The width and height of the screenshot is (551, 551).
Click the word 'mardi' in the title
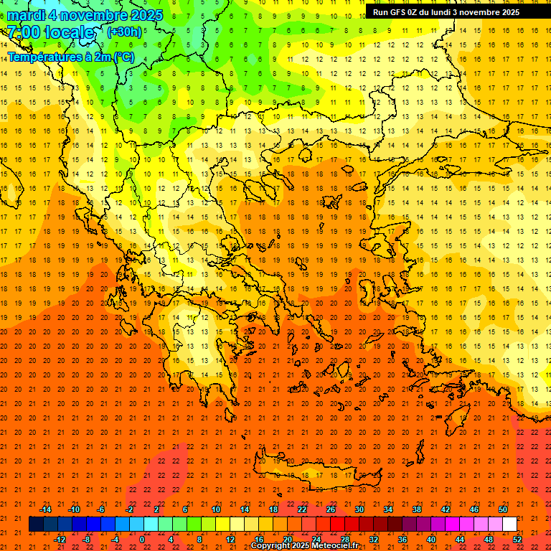tap(27, 15)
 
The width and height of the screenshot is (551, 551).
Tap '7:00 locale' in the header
tap(50, 32)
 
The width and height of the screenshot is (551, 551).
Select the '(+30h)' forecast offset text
tap(124, 32)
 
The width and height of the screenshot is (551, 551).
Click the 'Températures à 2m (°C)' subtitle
tap(70, 57)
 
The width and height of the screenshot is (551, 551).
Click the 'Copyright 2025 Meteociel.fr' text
tap(304, 546)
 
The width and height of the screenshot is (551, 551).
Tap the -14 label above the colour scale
tap(45, 509)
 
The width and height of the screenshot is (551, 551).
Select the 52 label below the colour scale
tap(518, 539)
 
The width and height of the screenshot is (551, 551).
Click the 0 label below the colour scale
tap(142, 539)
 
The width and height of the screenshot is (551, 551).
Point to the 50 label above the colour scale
tap(503, 509)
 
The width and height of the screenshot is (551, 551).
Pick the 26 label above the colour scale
tap(331, 509)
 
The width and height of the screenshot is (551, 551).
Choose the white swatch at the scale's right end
tap(510, 524)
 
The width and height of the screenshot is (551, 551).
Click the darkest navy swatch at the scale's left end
tap(36, 524)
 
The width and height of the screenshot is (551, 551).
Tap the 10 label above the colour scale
tap(215, 509)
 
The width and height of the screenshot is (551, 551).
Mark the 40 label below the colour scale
tap(431, 539)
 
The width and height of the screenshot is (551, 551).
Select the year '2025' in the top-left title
tap(143, 15)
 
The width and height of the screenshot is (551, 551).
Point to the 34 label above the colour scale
tap(388, 509)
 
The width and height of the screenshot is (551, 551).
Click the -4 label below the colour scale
tap(114, 539)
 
